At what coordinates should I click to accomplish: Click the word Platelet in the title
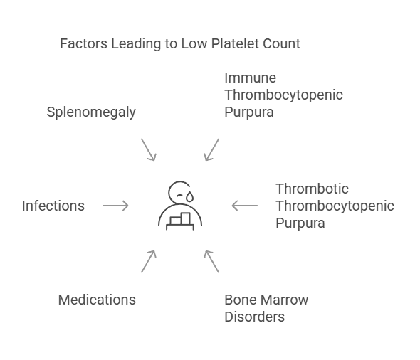click(x=235, y=43)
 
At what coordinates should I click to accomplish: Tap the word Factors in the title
click(x=84, y=43)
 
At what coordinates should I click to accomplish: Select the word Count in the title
click(x=281, y=43)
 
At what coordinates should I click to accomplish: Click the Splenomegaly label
click(x=91, y=112)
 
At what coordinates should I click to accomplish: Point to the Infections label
click(x=53, y=206)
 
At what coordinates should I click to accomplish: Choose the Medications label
click(x=97, y=300)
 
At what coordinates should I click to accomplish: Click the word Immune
click(x=250, y=78)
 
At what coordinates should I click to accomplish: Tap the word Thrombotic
click(x=312, y=189)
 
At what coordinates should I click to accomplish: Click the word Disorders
click(x=254, y=317)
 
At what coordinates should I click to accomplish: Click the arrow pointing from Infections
click(x=115, y=206)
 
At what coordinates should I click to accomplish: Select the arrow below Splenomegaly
click(x=149, y=150)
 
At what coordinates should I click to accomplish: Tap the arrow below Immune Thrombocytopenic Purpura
click(x=211, y=150)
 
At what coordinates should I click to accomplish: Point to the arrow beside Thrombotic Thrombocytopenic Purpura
click(x=245, y=206)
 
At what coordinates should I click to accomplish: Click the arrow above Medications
click(x=149, y=262)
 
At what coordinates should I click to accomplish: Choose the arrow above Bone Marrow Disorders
click(x=211, y=262)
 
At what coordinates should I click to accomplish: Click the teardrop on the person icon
click(x=190, y=196)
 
